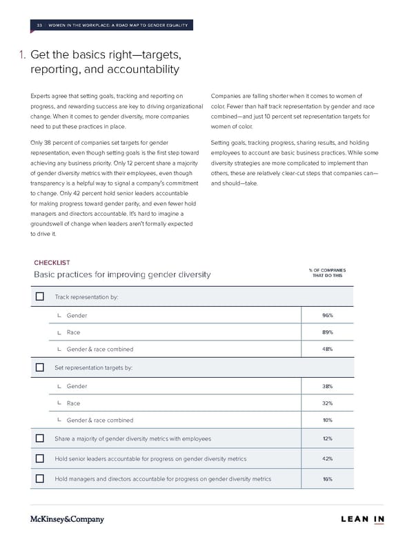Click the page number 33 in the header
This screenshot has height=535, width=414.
click(x=39, y=26)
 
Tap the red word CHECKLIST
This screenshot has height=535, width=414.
click(x=52, y=262)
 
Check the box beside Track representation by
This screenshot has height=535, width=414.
click(x=39, y=296)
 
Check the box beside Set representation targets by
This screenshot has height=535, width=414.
click(x=39, y=367)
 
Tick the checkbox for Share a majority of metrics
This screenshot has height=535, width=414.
click(x=39, y=438)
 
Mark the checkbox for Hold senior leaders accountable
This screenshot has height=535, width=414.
click(x=39, y=458)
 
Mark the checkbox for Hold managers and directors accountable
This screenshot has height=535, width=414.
click(x=39, y=478)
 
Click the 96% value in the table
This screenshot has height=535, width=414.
click(x=328, y=315)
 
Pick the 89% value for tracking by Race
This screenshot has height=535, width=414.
click(x=328, y=332)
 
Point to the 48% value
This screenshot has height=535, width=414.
click(x=328, y=349)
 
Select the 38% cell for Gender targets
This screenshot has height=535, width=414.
click(x=328, y=386)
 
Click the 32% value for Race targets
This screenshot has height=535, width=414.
click(x=328, y=403)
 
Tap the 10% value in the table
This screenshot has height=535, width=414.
click(x=328, y=420)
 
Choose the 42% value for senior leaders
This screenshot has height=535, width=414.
click(x=328, y=458)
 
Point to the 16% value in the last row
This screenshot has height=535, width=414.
click(x=328, y=478)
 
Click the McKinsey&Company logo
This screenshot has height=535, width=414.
click(x=67, y=519)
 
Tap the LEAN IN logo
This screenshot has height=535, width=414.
click(x=362, y=519)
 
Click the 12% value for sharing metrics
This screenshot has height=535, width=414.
click(x=328, y=438)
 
